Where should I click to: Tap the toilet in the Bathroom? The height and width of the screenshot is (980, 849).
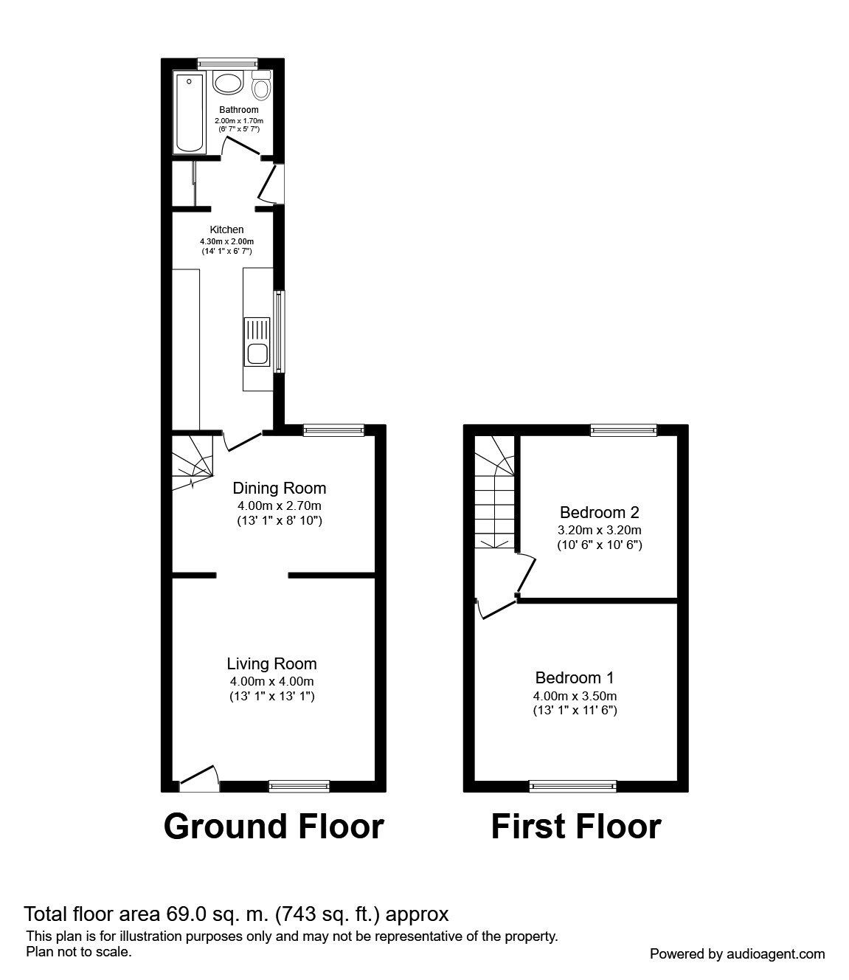coord(260,88)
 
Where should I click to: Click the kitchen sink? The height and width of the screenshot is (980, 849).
coord(257,353)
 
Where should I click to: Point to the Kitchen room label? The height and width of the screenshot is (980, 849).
coord(226,230)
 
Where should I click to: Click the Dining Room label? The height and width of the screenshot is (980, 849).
coord(279,488)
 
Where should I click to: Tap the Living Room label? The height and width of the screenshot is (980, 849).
coord(271,663)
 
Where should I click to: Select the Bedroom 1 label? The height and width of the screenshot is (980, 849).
coord(574,677)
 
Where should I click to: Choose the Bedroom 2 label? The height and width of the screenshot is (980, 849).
coord(599,512)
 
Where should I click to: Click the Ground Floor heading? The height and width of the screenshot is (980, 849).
coord(274,827)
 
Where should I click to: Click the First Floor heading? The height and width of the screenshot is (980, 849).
coord(575,827)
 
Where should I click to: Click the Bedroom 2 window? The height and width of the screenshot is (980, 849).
coord(623,430)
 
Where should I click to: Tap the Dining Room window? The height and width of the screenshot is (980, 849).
coord(333,430)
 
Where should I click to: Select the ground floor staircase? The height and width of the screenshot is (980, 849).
coord(192,463)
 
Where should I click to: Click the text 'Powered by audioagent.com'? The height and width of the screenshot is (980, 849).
coord(737,954)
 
